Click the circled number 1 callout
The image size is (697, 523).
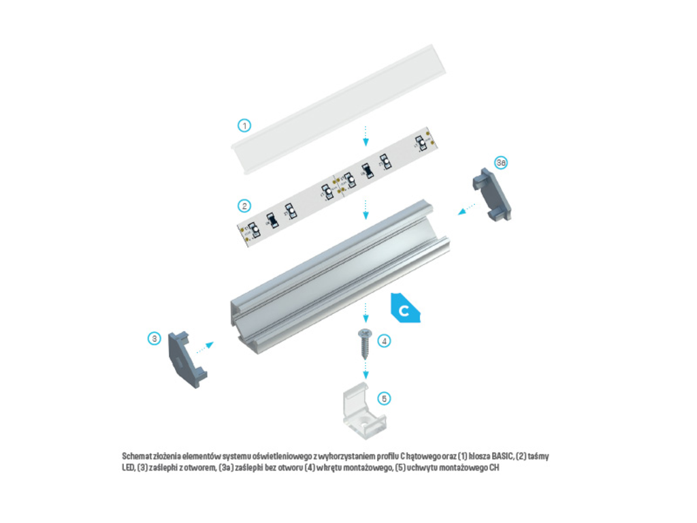coord(244,125)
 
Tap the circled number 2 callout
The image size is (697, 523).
coord(244,206)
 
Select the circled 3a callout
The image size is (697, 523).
coord(501,163)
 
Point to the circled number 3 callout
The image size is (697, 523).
coord(155,339)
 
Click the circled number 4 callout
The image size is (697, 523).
coord(384,341)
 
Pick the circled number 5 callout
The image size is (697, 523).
coord(384,398)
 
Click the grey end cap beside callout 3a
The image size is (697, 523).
coord(492,194)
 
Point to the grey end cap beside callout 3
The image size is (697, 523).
coord(187,360)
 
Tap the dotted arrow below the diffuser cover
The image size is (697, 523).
coord(366,136)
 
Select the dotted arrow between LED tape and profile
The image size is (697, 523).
coord(366,210)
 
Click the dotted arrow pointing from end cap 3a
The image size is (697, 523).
coord(467,209)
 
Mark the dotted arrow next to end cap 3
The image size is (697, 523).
coord(205,347)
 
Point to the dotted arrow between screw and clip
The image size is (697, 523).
coord(366,369)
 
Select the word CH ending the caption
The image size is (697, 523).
coord(494,468)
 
